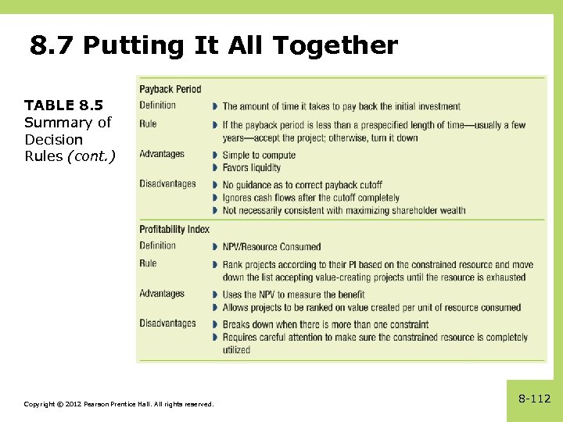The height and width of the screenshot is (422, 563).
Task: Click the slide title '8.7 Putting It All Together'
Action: pos(213,45)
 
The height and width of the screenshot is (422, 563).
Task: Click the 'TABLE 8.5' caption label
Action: pos(63,105)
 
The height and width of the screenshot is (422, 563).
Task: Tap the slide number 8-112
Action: pos(534,399)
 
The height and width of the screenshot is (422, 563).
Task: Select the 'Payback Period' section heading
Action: pos(170,89)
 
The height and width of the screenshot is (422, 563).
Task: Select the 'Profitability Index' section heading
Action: pos(174,229)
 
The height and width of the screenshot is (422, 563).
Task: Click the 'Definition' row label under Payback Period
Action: pos(157,105)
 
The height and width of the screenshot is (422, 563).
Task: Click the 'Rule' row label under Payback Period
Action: pos(148,123)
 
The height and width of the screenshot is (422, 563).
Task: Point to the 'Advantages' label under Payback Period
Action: pos(162,154)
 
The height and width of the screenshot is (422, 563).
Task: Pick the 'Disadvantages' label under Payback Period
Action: pos(167,184)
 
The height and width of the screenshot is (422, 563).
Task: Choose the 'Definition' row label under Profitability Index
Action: pos(157,245)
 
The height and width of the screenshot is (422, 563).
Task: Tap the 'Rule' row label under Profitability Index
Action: pos(148,263)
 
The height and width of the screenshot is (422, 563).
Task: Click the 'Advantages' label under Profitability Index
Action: pos(162,294)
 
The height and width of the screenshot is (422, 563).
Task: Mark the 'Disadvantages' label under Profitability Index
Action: pos(167,324)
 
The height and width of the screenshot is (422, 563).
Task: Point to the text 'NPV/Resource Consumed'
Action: pos(271,247)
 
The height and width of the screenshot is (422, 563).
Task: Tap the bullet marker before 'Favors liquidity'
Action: pos(214,167)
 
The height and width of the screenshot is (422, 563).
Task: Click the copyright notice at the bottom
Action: pos(118,403)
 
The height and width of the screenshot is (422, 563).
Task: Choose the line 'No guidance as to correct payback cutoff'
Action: pos(302,185)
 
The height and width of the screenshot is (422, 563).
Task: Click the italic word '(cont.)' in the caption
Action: pos(91,156)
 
